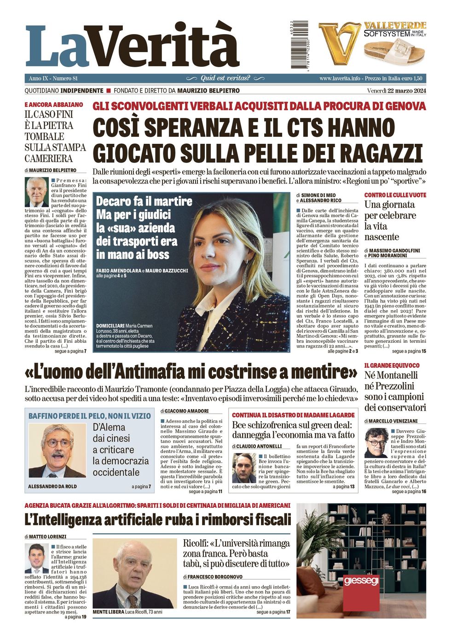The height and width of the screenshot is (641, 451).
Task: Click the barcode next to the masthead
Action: pyautogui.click(x=300, y=45)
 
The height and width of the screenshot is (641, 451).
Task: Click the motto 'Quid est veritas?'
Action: pyautogui.click(x=225, y=78)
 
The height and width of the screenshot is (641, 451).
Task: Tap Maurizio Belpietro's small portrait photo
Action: pyautogui.click(x=36, y=192)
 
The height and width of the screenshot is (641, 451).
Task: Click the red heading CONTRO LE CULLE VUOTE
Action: pyautogui.click(x=395, y=195)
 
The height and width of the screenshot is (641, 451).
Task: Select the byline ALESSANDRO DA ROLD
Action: pyautogui.click(x=52, y=486)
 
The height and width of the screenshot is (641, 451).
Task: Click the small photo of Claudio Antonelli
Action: pyautogui.click(x=244, y=468)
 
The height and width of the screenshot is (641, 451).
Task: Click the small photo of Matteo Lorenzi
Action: pyautogui.click(x=36, y=558)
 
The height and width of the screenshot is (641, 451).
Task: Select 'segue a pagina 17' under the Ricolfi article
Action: pyautogui.click(x=273, y=612)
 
